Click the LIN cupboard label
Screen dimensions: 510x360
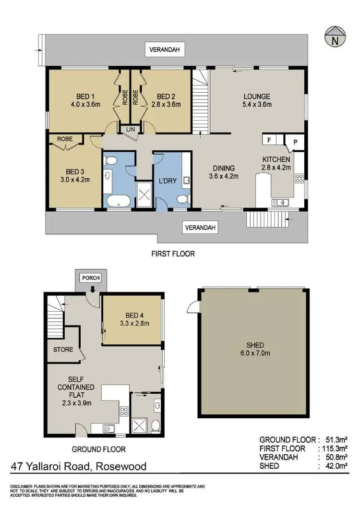[x=130, y=129]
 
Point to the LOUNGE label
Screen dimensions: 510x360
[x=257, y=96]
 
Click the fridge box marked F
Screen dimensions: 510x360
[x=269, y=140]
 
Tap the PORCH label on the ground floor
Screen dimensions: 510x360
[x=91, y=278]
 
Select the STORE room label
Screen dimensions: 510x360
[x=63, y=349]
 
